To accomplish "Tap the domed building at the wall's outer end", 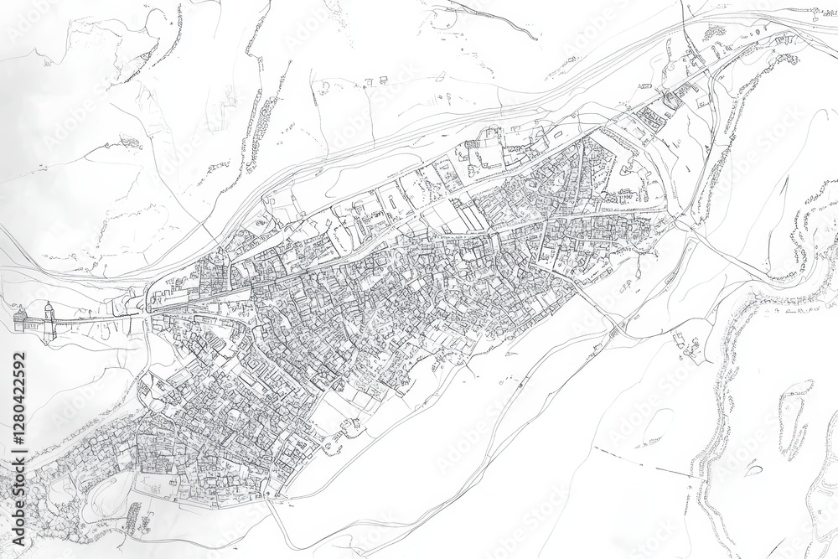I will (21, 319).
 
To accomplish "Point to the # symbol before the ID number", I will (18, 453).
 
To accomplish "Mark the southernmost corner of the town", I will (277, 499).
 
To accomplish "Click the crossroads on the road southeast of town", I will (620, 323).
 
